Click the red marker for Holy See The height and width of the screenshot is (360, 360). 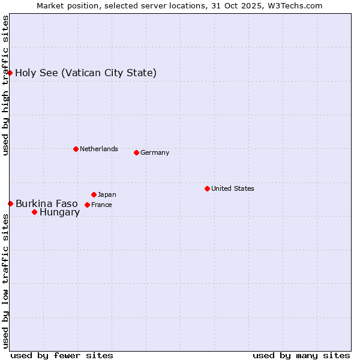coord(10,73)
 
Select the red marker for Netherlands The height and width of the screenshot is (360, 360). coord(76,149)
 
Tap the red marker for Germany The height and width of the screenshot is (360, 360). coord(136,152)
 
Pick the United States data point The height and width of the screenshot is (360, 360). coord(207,188)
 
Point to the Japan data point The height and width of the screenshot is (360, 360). coord(94,194)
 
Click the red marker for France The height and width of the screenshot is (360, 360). coord(87,205)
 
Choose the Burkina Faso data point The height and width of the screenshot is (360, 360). coord(10,203)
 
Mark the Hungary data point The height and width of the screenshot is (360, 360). coord(34,212)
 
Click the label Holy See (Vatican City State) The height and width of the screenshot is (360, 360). coord(86,73)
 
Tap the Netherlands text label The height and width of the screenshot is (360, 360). coord(98,149)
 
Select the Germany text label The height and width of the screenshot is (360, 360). coord(155,152)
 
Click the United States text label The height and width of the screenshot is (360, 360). coord(232,188)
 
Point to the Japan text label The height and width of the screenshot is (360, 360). coord(107,194)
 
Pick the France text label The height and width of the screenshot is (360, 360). coord(101,205)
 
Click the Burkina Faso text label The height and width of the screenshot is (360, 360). coord(47,203)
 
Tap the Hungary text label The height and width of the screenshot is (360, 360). coord(59,212)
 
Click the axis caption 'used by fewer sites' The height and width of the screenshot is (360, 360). coord(62,355)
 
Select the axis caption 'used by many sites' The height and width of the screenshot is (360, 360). coord(301,355)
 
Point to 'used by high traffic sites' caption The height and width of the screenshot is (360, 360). coord(5,85)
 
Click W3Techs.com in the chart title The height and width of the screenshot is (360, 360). coord(295,5)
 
